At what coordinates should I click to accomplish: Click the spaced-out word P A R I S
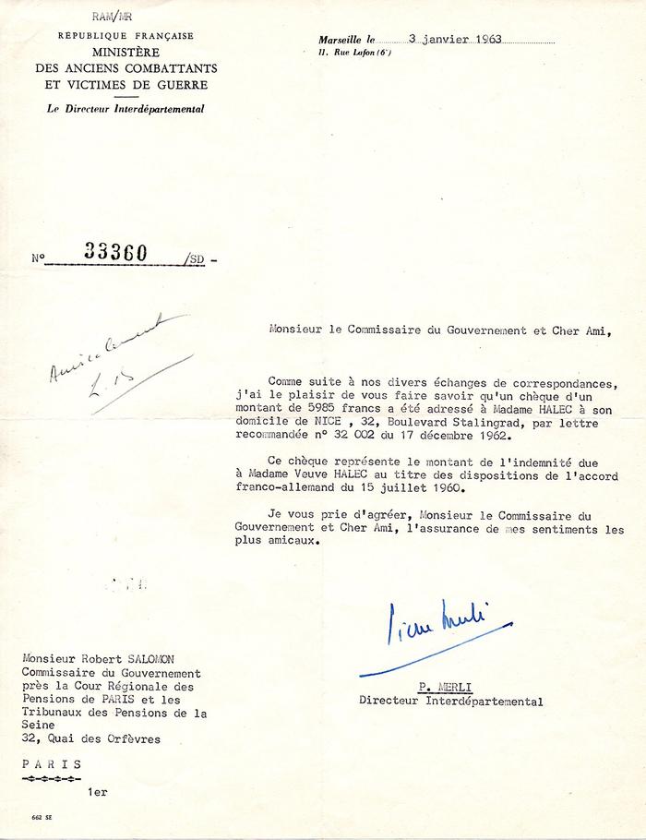point(51,764)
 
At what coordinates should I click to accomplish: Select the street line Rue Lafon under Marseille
point(352,54)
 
